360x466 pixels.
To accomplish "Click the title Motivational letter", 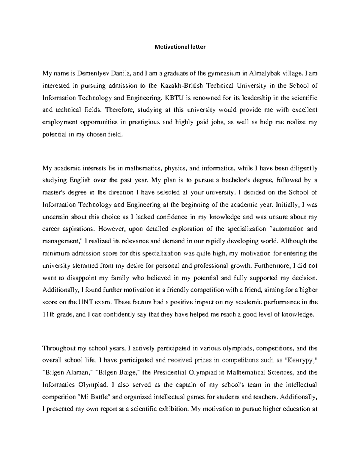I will pyautogui.click(x=180, y=47).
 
